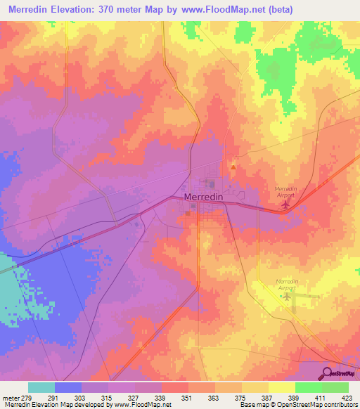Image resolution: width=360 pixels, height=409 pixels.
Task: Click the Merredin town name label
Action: click(203, 198)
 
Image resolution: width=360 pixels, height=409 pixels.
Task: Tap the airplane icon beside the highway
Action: click(285, 204)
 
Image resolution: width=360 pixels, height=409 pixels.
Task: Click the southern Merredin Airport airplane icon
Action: click(285, 297)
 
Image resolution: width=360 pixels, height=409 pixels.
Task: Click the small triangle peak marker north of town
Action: click(233, 167)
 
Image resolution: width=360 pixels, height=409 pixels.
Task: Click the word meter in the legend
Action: click(10, 398)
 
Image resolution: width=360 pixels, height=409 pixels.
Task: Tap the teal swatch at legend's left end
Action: click(41, 387)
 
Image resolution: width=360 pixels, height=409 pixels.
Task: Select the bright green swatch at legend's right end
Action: click(335, 387)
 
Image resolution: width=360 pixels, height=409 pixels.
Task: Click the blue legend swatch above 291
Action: click(68, 387)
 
